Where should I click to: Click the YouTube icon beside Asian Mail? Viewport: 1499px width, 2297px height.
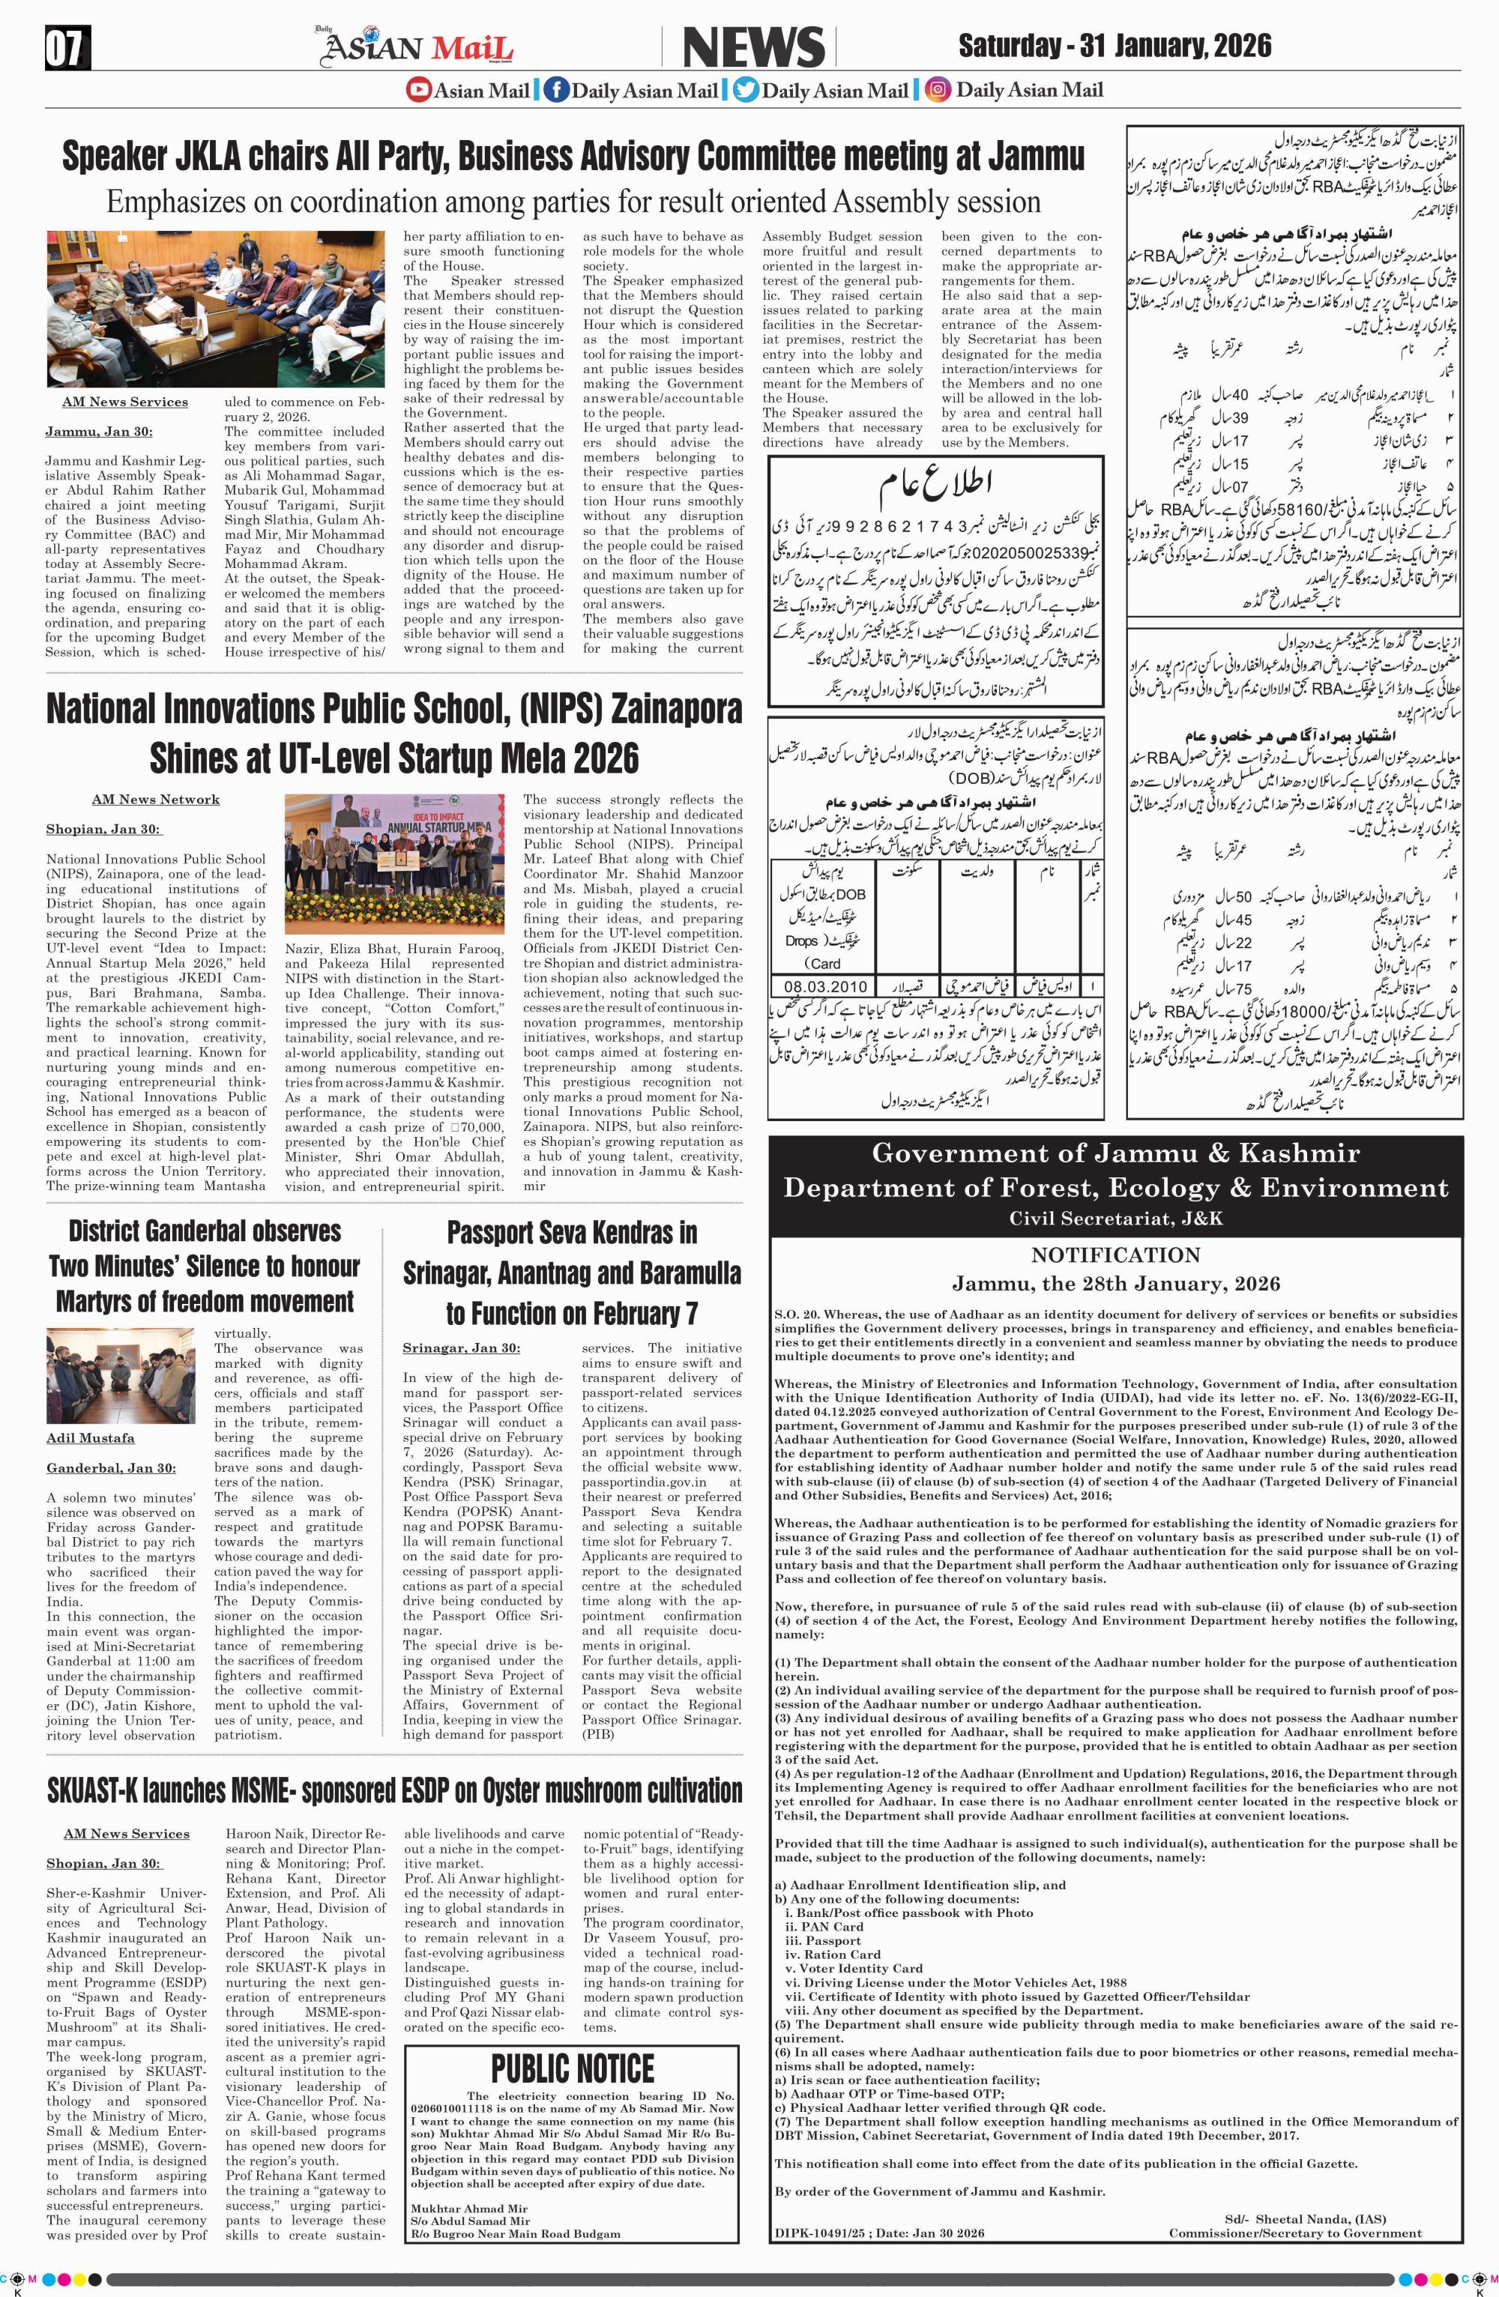click(x=418, y=91)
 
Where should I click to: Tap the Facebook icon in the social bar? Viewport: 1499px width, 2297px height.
click(x=556, y=91)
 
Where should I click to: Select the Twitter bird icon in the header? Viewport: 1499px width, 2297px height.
click(x=745, y=91)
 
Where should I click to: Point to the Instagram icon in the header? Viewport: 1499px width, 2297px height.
click(x=936, y=91)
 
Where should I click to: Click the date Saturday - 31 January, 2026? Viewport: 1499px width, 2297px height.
click(x=1115, y=46)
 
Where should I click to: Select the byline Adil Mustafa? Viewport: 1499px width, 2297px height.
click(x=90, y=1438)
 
